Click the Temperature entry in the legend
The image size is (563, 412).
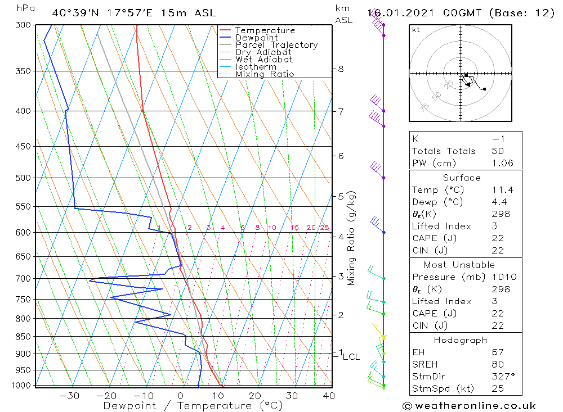[265, 30]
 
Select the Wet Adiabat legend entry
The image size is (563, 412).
[264, 60]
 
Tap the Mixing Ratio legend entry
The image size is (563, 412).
[265, 74]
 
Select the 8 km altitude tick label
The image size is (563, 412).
[341, 69]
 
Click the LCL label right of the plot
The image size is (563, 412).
[351, 356]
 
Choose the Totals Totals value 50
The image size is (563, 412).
[498, 151]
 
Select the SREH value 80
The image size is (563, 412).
[498, 364]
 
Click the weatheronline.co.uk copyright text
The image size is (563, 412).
[469, 406]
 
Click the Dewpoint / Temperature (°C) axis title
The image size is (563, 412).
[193, 406]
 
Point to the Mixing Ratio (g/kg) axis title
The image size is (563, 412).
[352, 238]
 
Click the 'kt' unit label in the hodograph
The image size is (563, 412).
[415, 30]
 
